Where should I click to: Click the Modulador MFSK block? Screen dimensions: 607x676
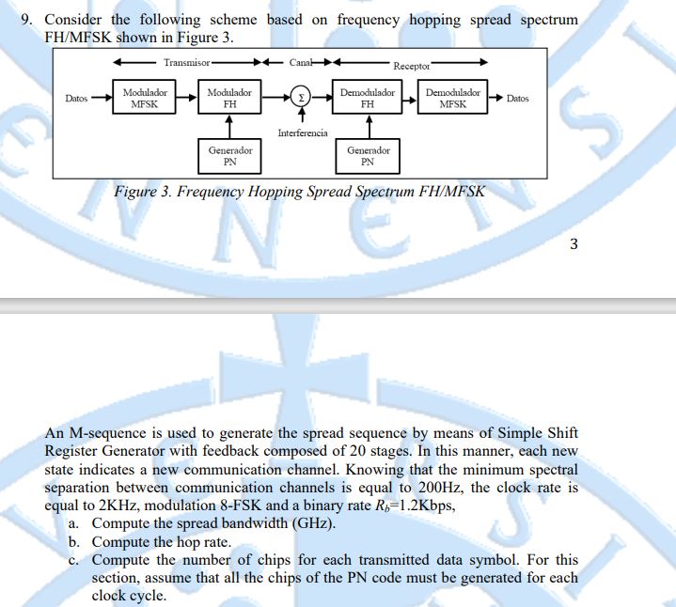[x=145, y=99]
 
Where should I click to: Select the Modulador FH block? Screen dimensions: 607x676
[x=228, y=99]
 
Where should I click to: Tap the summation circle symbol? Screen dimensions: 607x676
[x=300, y=98]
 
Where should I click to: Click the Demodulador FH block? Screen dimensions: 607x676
[x=368, y=99]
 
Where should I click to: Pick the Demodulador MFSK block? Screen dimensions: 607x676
[x=452, y=99]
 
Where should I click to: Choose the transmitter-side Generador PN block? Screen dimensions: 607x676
[x=229, y=155]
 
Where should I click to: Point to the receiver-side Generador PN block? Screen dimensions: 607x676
[x=368, y=155]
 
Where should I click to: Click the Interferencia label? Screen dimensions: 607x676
[x=303, y=133]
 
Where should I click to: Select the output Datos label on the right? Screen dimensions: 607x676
[x=517, y=99]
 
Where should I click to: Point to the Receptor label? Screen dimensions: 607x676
[x=411, y=66]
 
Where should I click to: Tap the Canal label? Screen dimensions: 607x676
[x=302, y=62]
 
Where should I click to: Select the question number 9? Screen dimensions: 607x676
[x=25, y=20]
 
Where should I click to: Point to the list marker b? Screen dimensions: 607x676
[x=73, y=541]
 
